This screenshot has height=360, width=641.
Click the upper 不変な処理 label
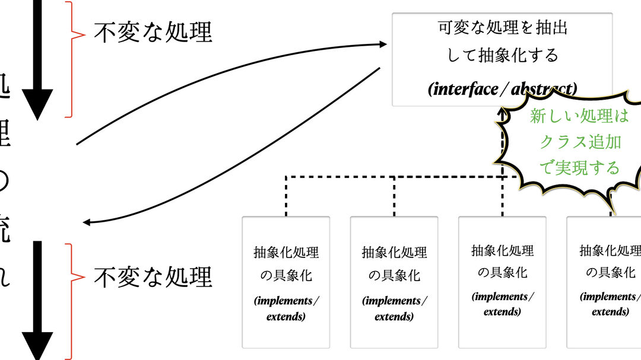(x=153, y=32)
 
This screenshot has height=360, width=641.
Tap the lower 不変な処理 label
(x=153, y=276)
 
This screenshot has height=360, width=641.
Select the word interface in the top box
(x=466, y=89)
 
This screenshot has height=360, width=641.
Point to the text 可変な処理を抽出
(x=502, y=28)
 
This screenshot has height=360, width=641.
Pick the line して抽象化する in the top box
(x=502, y=55)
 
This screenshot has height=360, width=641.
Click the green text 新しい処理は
(x=579, y=116)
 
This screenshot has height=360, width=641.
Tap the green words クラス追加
(x=580, y=142)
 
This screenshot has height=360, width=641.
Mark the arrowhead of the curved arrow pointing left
(x=87, y=222)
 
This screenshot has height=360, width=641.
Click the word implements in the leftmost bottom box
(x=286, y=301)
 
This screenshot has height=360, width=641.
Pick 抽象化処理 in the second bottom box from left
(x=394, y=253)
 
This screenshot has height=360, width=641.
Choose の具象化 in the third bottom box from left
(x=502, y=273)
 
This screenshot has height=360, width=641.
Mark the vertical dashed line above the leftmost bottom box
(x=286, y=196)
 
